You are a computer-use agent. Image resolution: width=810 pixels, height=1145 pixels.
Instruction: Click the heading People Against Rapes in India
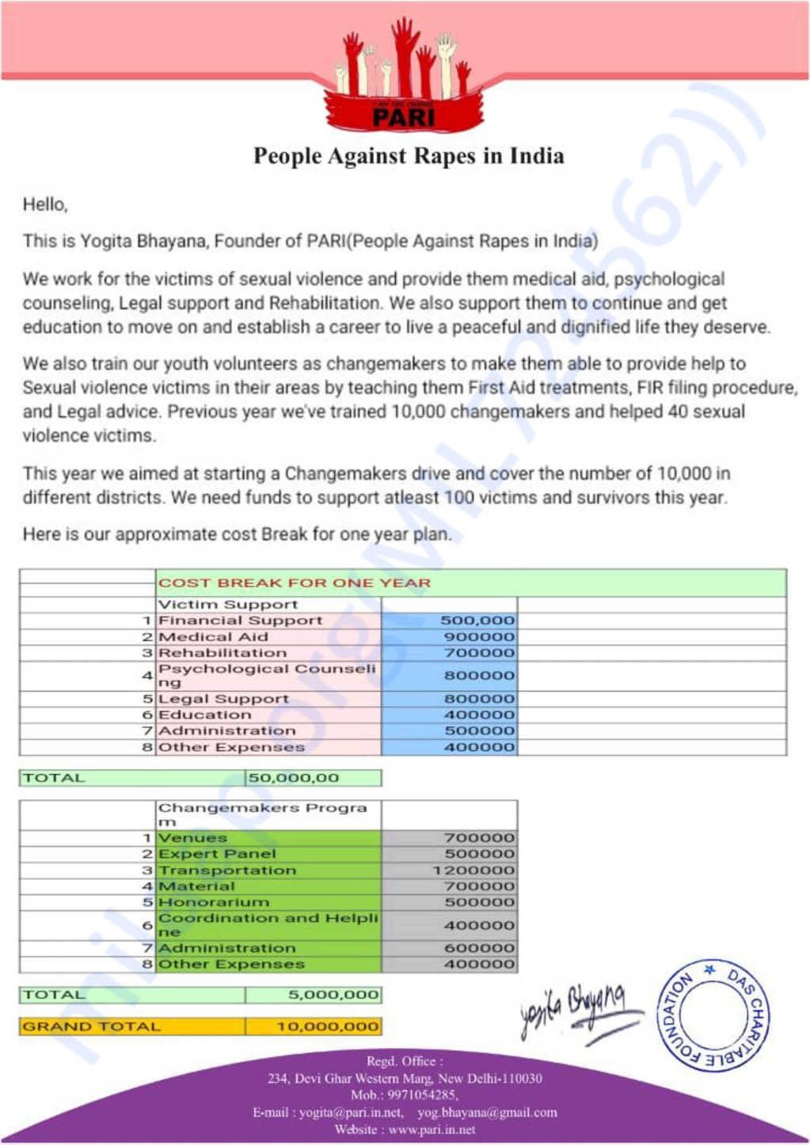pyautogui.click(x=409, y=156)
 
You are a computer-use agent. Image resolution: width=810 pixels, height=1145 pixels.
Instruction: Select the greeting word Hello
pyautogui.click(x=44, y=205)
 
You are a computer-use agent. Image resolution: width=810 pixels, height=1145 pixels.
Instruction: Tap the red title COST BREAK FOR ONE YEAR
pyautogui.click(x=295, y=583)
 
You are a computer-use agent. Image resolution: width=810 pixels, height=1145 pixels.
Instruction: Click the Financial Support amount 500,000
pyautogui.click(x=477, y=621)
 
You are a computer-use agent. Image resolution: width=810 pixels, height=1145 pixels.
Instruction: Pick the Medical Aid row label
pyautogui.click(x=214, y=637)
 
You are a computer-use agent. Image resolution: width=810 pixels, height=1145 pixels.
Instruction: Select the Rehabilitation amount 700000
pyautogui.click(x=479, y=653)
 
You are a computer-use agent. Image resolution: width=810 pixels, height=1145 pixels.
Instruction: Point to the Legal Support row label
pyautogui.click(x=223, y=699)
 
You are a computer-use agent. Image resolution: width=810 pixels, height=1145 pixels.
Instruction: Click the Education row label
pyautogui.click(x=204, y=715)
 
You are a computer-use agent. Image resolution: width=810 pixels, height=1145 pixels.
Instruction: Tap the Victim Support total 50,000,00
pyautogui.click(x=294, y=778)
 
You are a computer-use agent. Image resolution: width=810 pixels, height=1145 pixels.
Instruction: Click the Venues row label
pyautogui.click(x=192, y=838)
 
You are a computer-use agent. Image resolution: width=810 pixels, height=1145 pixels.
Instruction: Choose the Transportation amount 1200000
pyautogui.click(x=473, y=870)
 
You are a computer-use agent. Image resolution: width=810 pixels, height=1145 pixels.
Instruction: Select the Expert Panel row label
pyautogui.click(x=217, y=854)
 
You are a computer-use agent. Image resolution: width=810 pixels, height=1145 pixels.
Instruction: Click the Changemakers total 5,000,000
pyautogui.click(x=333, y=995)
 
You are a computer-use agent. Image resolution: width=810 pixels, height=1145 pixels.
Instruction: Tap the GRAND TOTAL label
pyautogui.click(x=91, y=1026)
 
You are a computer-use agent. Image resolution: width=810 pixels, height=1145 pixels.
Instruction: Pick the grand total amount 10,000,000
pyautogui.click(x=328, y=1026)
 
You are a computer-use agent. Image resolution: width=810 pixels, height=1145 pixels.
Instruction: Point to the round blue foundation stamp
pyautogui.click(x=713, y=1014)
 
